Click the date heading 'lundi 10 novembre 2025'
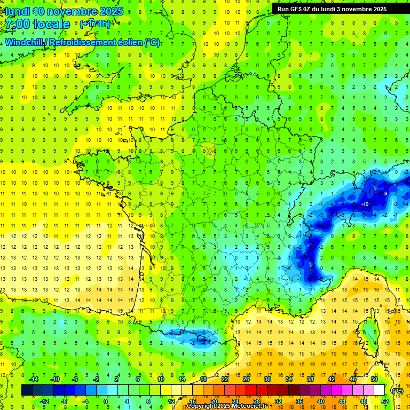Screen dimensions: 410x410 point(64,11)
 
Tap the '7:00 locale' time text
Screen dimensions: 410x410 point(37,24)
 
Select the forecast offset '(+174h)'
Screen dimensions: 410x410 point(94,23)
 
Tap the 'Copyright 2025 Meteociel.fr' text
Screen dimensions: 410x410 point(227,406)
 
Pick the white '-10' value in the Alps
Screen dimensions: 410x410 point(365,204)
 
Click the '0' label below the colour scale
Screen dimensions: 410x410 point(105,401)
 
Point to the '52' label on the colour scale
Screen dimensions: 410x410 point(385,401)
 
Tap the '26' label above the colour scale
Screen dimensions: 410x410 point(246,379)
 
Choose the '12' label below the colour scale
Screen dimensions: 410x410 point(171,401)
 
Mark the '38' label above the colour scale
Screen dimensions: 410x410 point(310,379)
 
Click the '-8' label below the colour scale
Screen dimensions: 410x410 point(65,401)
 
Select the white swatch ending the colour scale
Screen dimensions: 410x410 point(379,390)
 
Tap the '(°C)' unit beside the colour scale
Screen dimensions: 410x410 point(397,390)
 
